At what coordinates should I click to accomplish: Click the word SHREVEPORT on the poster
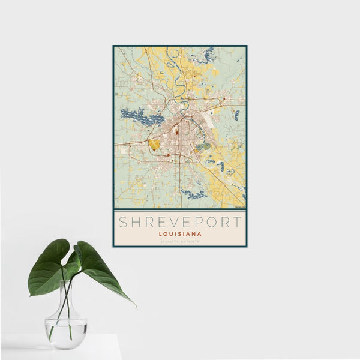[179, 222]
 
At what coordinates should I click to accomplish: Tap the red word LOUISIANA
[180, 234]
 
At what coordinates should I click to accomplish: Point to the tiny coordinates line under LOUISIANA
[180, 241]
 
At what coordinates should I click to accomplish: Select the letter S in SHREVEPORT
[122, 222]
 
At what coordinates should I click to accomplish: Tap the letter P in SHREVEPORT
[194, 222]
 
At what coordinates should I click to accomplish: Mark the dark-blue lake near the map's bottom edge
[193, 193]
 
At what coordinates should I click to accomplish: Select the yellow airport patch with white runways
[155, 145]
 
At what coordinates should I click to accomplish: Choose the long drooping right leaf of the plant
[102, 270]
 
